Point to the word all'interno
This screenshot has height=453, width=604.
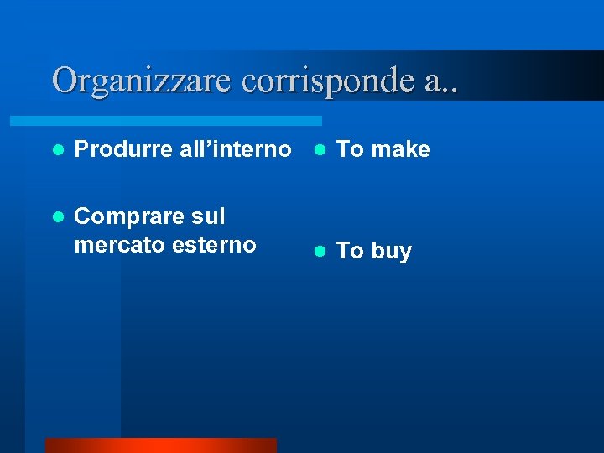235,149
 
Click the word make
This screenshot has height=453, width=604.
400,149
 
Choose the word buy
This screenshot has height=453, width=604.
391,252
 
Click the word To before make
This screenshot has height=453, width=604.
350,149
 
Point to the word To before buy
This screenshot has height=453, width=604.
350,251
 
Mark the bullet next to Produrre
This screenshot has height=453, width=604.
57,149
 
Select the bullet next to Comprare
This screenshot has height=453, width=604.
57,217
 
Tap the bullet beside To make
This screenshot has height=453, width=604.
319,149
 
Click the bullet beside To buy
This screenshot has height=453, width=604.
319,251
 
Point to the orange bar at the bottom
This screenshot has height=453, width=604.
160,445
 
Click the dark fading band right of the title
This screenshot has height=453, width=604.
537,75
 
